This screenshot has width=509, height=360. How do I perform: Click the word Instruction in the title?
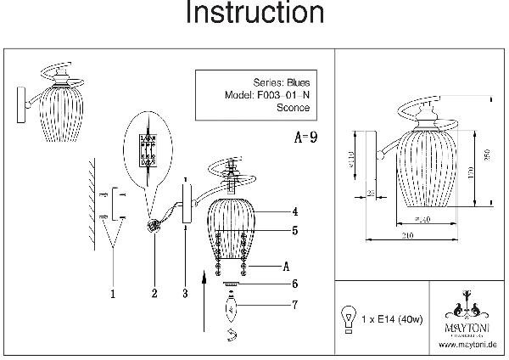pos(254,14)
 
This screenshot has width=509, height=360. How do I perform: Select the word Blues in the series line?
pos(294,82)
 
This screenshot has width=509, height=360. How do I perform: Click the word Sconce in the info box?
pos(294,108)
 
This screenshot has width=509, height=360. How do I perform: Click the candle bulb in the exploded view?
pos(232,302)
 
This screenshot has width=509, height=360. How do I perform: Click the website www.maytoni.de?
pos(467,345)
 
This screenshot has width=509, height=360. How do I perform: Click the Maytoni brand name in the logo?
pos(466,324)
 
